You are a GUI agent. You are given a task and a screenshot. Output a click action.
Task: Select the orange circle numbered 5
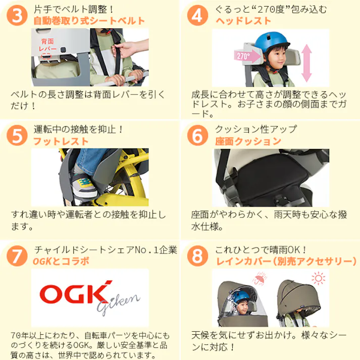point(17,136)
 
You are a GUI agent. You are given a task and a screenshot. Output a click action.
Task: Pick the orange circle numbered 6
point(197,136)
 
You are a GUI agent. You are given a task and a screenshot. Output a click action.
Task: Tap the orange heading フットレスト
point(61,141)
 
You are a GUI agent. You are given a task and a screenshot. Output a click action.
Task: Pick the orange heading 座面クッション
point(248,141)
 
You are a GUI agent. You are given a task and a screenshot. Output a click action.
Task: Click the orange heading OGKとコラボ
point(61,262)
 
